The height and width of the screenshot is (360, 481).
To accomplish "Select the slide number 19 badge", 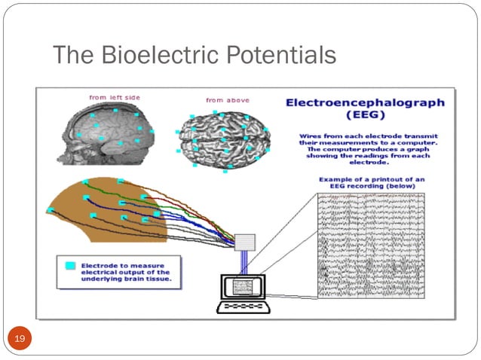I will [x=20, y=340].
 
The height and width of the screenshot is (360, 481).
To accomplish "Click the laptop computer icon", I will [x=242, y=294].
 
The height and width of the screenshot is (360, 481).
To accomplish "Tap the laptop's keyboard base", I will [x=242, y=307].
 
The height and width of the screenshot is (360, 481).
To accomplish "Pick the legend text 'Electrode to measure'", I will [x=123, y=265].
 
